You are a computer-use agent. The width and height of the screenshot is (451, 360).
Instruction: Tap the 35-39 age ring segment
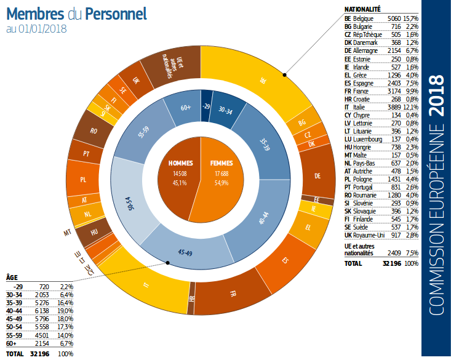click(265, 145)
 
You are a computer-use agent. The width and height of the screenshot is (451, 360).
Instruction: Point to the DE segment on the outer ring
click(317, 176)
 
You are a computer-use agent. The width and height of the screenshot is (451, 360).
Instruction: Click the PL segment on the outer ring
click(83, 180)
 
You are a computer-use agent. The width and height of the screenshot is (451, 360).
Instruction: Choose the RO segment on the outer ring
click(94, 130)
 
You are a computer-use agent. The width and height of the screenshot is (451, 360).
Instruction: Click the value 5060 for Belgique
click(395, 19)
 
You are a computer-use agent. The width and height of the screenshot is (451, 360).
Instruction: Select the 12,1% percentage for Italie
click(410, 107)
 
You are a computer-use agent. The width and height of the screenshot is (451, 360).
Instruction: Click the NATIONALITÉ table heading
click(362, 10)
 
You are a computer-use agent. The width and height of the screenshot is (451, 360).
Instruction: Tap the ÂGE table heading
click(12, 278)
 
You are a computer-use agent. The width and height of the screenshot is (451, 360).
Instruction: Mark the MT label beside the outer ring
click(68, 233)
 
